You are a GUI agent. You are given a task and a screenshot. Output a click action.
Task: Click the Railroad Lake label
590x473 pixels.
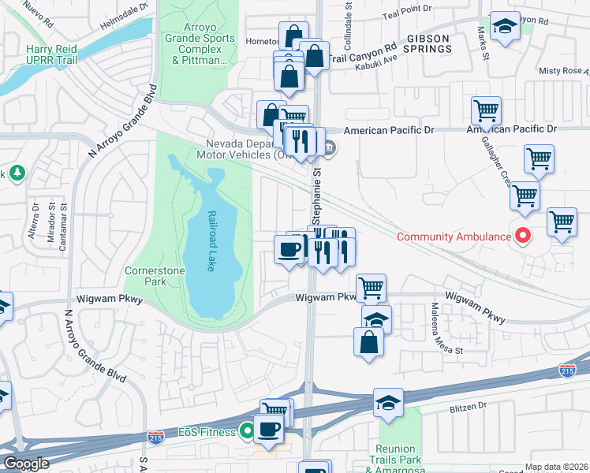click(x=211, y=240)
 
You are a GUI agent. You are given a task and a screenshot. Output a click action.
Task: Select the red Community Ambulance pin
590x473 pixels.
click(x=522, y=236)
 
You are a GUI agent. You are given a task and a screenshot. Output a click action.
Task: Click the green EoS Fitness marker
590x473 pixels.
click(x=247, y=431)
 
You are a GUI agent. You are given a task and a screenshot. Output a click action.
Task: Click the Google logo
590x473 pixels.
click(x=26, y=464)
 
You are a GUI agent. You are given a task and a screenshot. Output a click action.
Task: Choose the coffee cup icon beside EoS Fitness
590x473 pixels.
click(x=269, y=428)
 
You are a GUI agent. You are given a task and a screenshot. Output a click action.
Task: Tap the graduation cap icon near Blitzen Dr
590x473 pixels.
click(x=388, y=402)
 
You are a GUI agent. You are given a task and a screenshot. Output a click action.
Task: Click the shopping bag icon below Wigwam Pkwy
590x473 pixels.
click(x=368, y=341)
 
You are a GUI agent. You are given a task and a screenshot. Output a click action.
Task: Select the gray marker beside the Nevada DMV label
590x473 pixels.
click(x=330, y=147)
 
